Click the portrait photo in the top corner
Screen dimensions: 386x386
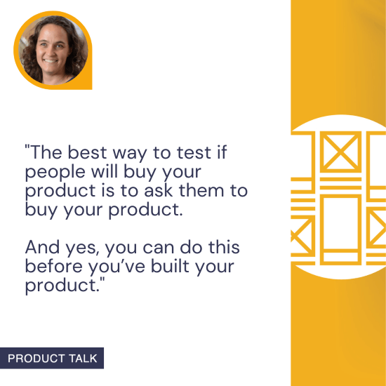click(53, 51)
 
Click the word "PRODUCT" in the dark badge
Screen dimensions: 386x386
click(38, 359)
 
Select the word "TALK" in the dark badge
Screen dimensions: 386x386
click(84, 359)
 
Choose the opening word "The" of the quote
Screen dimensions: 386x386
click(44, 152)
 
